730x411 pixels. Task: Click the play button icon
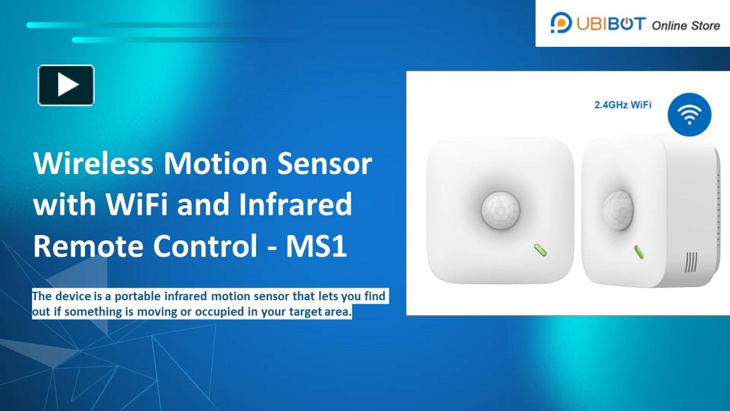coord(66,85)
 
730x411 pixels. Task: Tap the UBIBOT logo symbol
coord(561,23)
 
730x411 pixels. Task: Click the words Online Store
coord(686,25)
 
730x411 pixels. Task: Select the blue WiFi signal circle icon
coord(690,114)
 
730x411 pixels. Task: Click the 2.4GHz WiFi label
coord(623,105)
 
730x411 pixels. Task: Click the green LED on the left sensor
coord(540,250)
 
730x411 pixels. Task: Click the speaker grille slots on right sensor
coord(691,262)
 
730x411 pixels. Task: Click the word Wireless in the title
coord(94,164)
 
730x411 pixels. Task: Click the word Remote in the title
coord(87,246)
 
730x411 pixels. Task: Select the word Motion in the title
coord(216,164)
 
